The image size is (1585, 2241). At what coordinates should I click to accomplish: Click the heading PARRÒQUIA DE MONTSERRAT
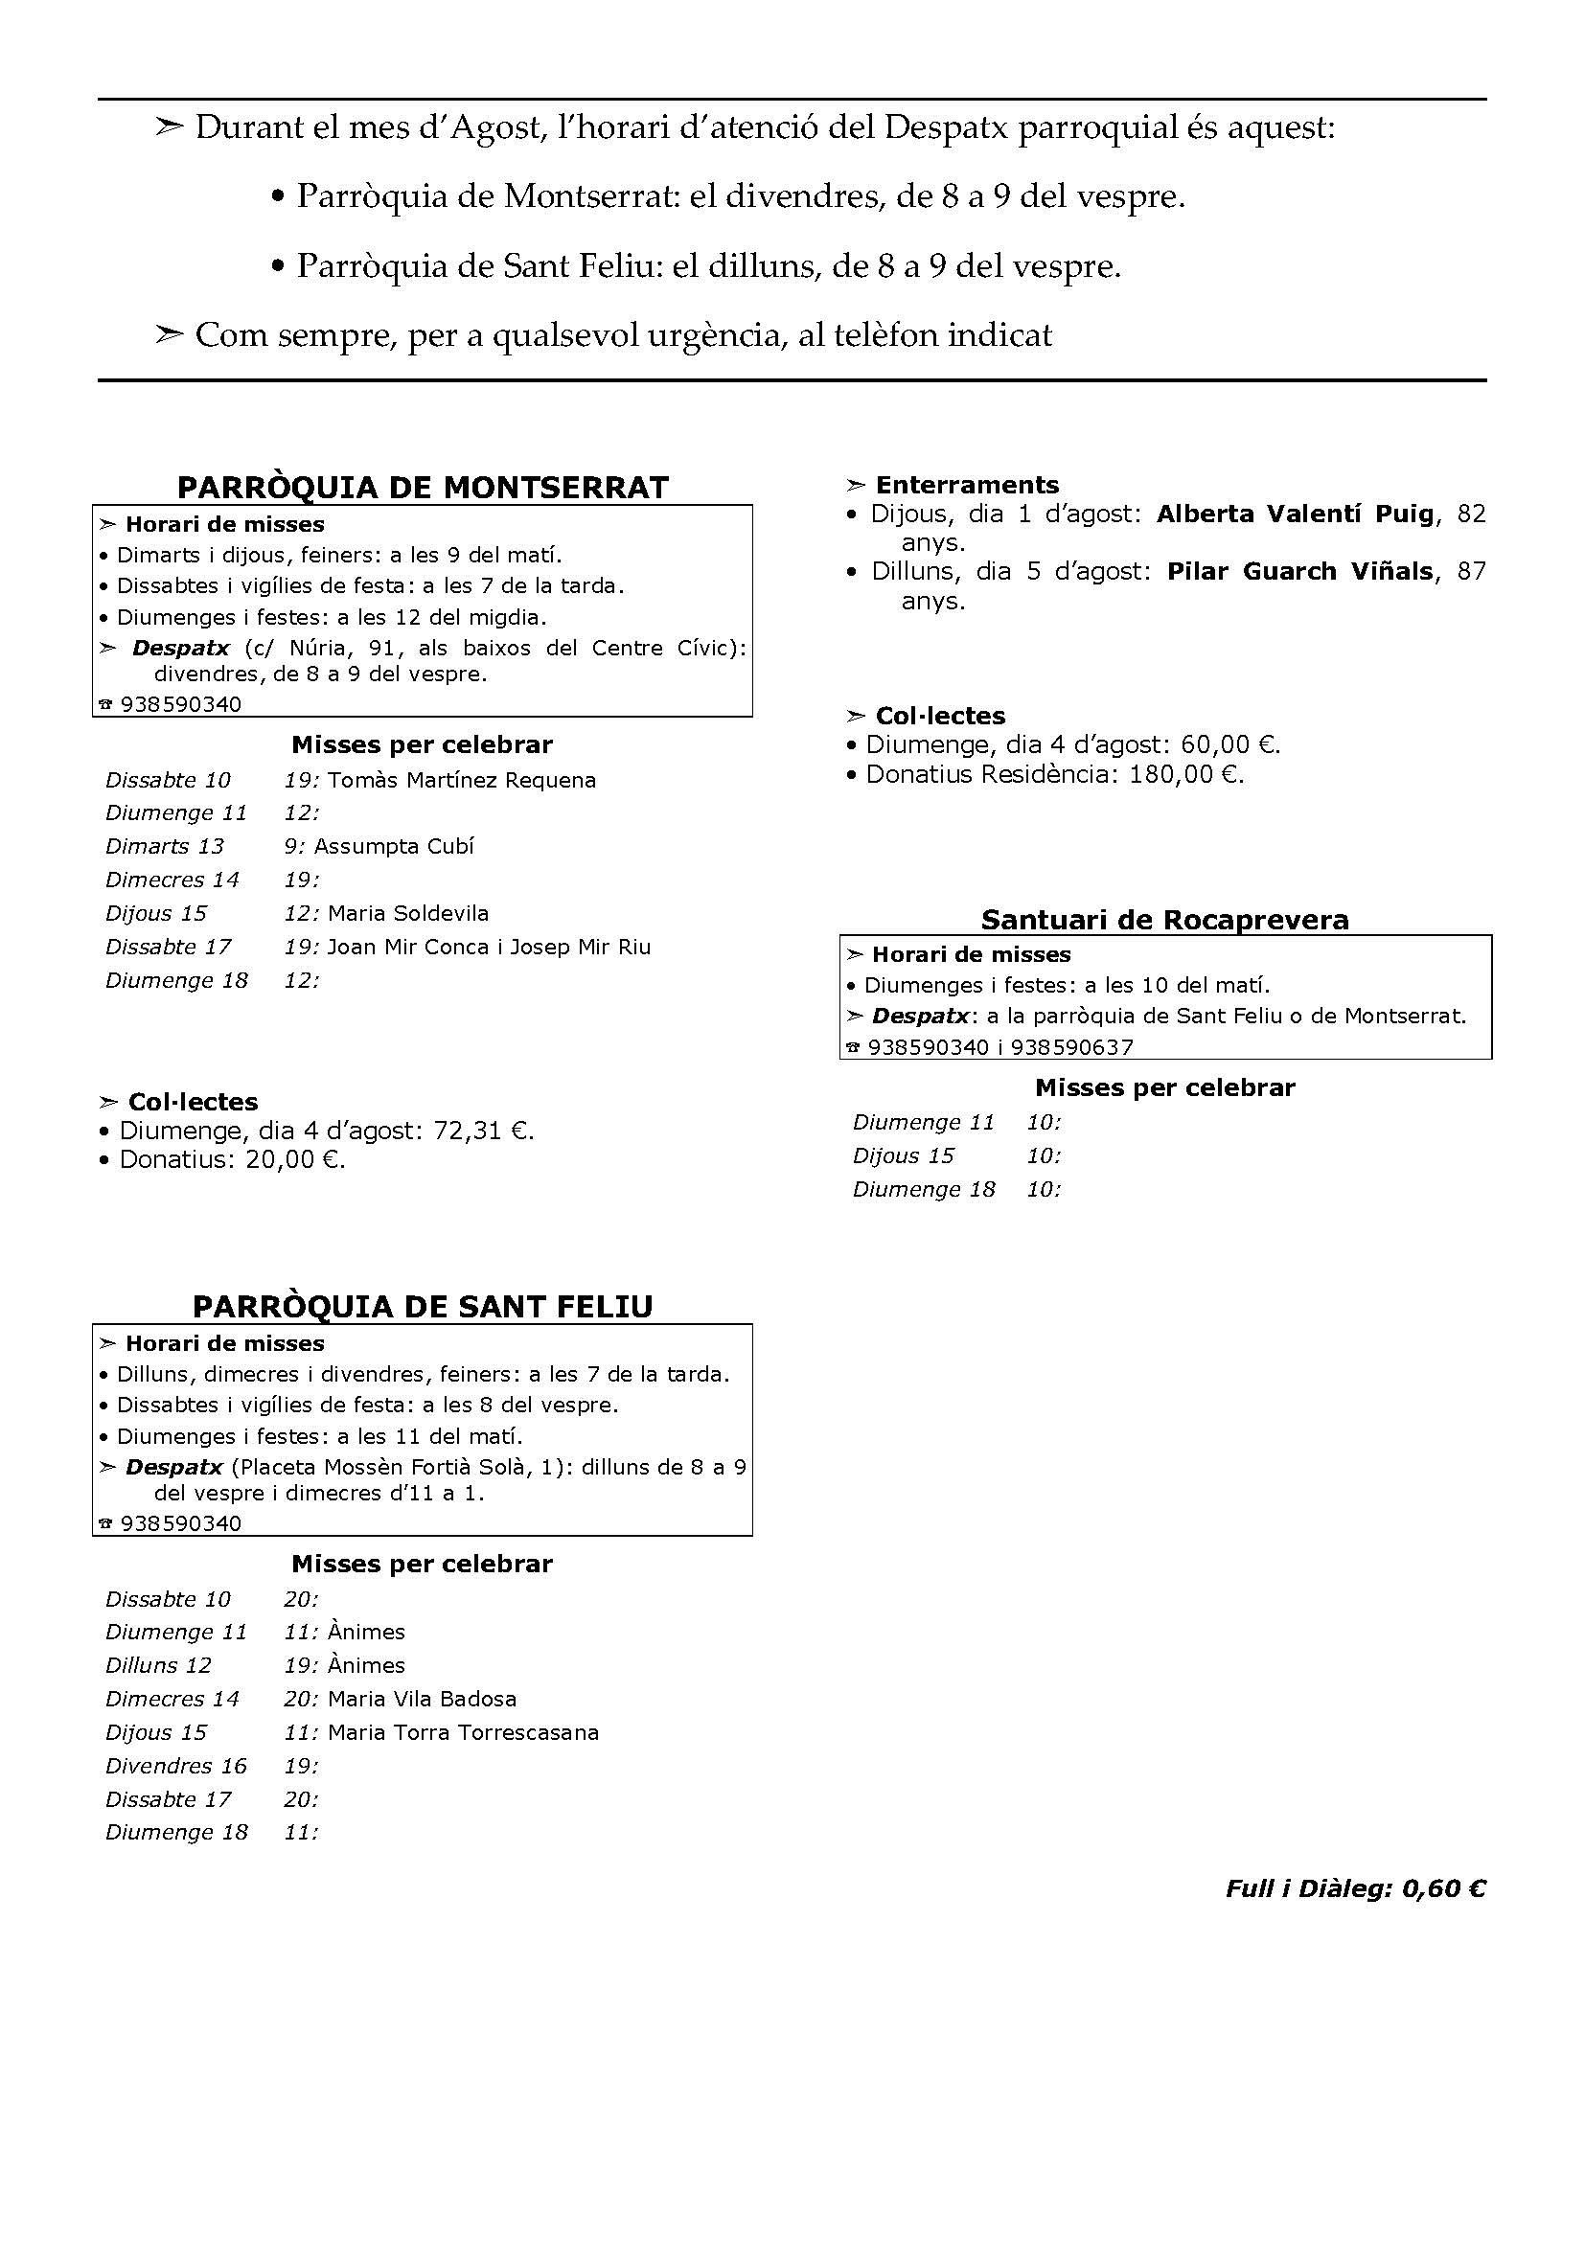(x=423, y=487)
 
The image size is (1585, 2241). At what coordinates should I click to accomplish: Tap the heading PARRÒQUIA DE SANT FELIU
(x=423, y=1306)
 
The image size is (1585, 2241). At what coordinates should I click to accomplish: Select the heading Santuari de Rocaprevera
(x=1164, y=920)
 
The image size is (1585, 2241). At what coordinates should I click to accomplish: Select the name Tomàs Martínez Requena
(x=462, y=780)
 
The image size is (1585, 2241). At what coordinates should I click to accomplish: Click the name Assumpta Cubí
(x=394, y=846)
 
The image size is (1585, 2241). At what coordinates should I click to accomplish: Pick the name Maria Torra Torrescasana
(x=464, y=1732)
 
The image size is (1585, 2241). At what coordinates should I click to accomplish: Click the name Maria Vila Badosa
(x=422, y=1699)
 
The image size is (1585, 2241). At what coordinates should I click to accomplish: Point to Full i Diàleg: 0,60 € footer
(x=1355, y=1888)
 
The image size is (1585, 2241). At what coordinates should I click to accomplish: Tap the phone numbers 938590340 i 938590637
(x=1000, y=1047)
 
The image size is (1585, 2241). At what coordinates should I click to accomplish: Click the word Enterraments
(x=966, y=485)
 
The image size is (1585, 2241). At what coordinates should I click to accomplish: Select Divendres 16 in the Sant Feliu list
(x=175, y=1766)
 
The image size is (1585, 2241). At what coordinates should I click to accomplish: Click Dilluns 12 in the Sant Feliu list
(x=158, y=1665)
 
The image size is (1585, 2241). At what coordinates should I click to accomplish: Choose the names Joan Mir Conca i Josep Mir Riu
(x=489, y=947)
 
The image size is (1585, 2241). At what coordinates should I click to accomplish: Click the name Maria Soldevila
(x=408, y=914)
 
